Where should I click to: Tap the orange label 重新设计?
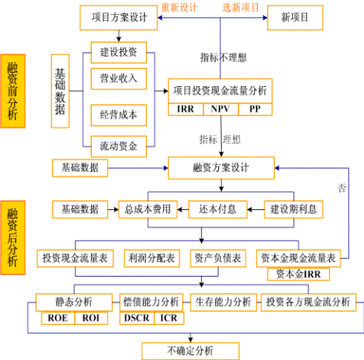[179, 7]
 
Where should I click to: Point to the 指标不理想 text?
[223, 57]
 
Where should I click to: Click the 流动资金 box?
[118, 145]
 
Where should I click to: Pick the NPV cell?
[220, 109]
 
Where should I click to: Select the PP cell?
[254, 109]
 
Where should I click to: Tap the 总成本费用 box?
[148, 209]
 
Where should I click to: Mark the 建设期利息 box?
[294, 209]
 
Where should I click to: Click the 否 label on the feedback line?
[342, 188]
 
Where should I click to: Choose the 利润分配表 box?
[150, 258]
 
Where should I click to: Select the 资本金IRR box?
[298, 273]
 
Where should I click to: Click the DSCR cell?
[136, 318]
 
